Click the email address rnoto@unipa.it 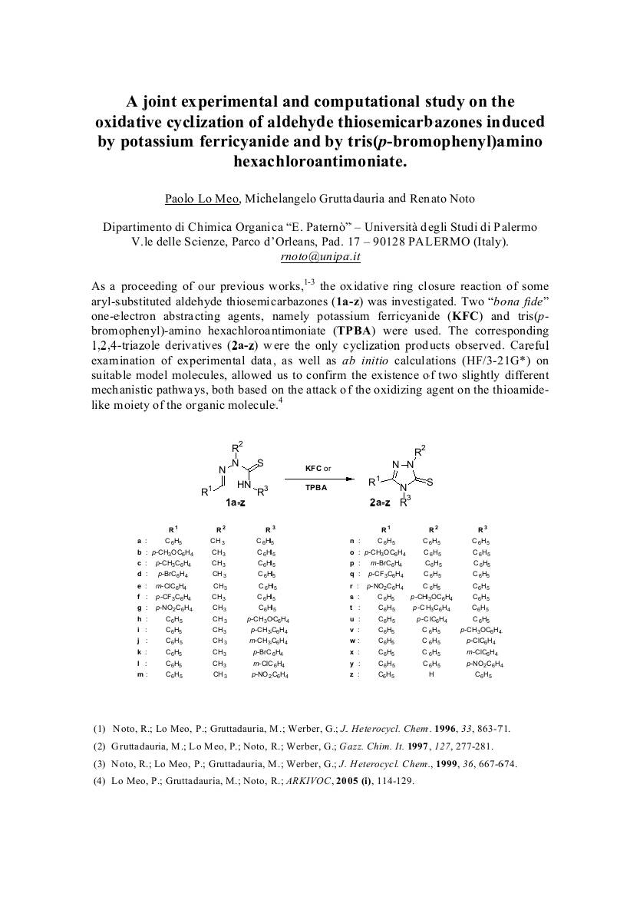click(x=320, y=257)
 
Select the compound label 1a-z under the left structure click(x=236, y=502)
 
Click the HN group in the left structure click(x=244, y=485)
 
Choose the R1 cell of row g click(x=174, y=608)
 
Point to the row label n click(x=351, y=541)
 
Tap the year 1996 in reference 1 click(x=429, y=728)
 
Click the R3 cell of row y click(x=482, y=663)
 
